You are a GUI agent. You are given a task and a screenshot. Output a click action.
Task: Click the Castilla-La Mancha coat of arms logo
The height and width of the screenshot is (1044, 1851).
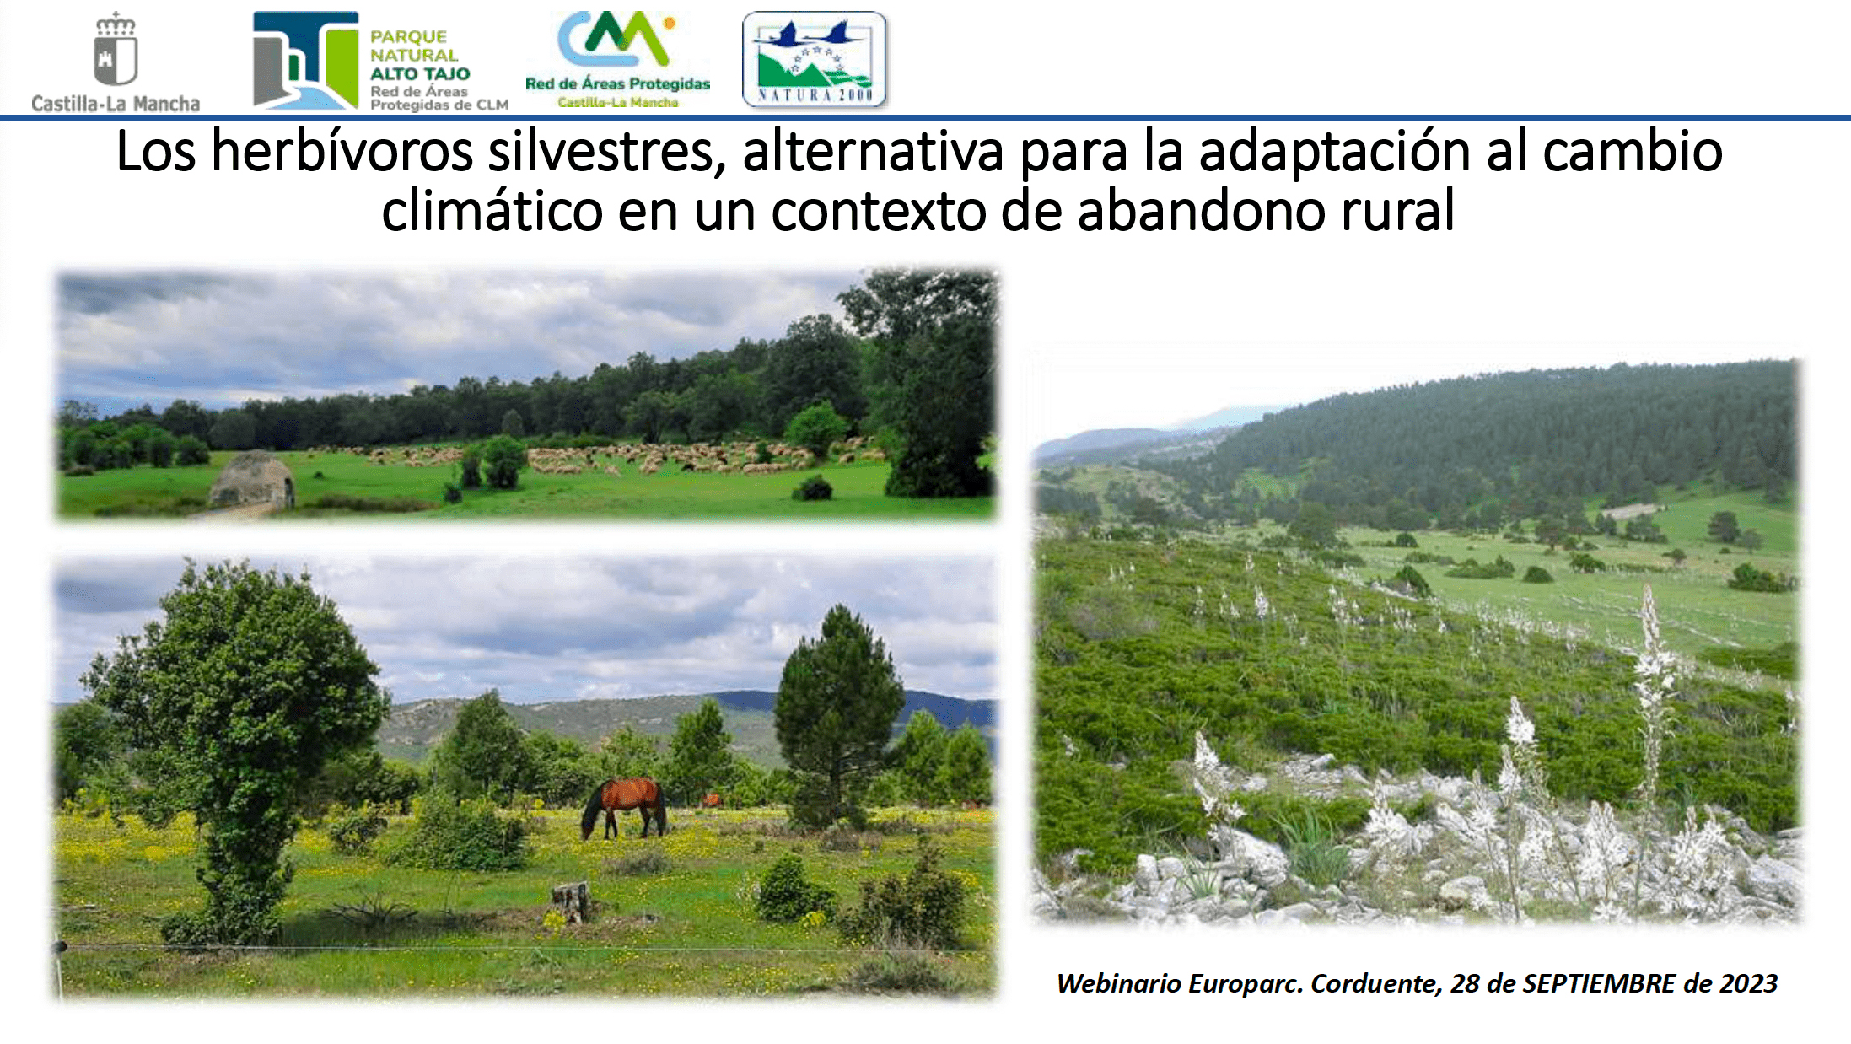[x=116, y=49]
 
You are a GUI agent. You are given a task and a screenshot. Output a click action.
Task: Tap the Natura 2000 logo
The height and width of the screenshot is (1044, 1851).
[x=815, y=59]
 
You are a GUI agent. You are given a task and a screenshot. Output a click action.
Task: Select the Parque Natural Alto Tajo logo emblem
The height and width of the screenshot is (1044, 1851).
[x=306, y=60]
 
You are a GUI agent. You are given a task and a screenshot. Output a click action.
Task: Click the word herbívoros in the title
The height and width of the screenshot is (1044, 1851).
[x=342, y=152]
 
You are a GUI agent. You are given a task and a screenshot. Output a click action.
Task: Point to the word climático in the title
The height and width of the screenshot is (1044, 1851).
[x=492, y=211]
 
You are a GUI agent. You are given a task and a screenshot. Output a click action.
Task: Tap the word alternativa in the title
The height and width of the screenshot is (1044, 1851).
[x=873, y=152]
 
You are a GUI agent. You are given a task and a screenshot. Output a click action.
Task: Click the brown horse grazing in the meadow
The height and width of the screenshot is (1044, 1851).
[x=624, y=807]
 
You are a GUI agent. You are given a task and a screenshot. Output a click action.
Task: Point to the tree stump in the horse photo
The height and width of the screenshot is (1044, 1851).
[x=571, y=901]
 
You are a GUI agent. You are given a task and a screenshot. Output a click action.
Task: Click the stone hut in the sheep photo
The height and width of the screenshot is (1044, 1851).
[x=251, y=480]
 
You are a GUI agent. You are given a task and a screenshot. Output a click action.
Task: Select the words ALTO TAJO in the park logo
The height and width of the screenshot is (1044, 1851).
[x=420, y=73]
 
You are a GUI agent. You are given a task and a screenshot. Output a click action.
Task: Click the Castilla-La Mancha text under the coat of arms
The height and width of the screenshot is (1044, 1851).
[x=116, y=104]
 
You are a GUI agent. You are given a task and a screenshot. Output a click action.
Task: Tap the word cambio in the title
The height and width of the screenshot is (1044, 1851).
[x=1633, y=152]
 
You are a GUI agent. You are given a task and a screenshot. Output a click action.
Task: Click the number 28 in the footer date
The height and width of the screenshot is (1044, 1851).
[x=1465, y=983]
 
